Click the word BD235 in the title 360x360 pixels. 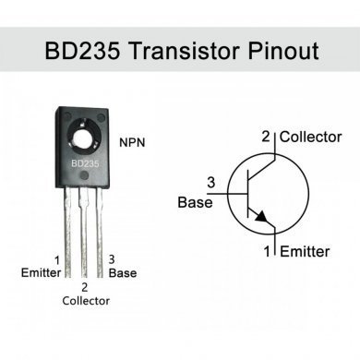pyautogui.click(x=77, y=49)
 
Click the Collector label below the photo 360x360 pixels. pyautogui.click(x=86, y=301)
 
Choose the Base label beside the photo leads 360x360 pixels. pyautogui.click(x=122, y=273)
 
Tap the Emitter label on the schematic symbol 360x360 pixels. pyautogui.click(x=305, y=251)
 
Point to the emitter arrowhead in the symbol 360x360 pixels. pyautogui.click(x=263, y=218)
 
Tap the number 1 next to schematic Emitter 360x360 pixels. pyautogui.click(x=270, y=251)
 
